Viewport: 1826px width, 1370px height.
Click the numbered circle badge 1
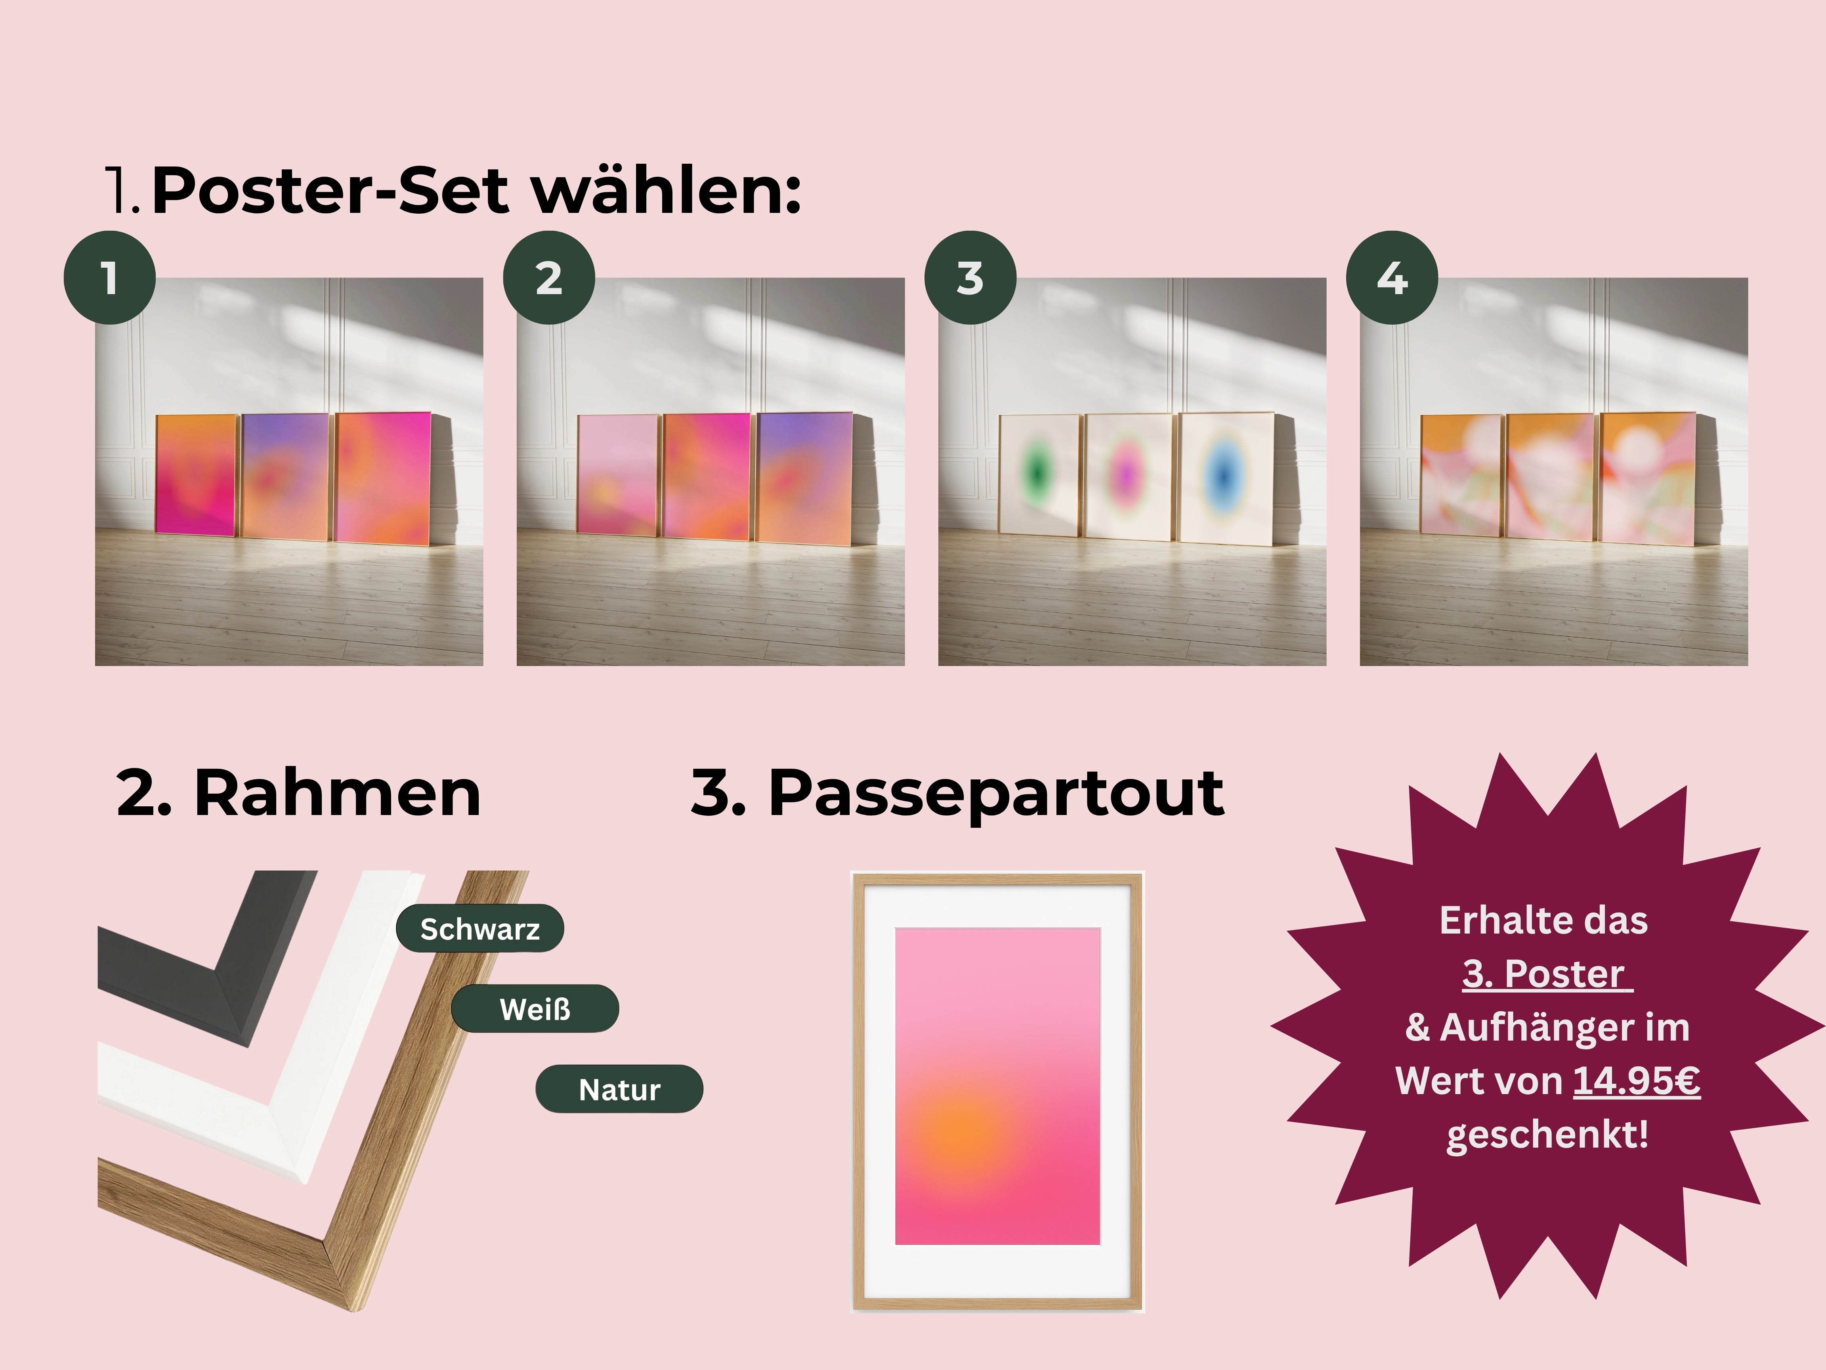pyautogui.click(x=110, y=277)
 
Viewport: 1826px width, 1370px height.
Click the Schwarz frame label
pyautogui.click(x=479, y=929)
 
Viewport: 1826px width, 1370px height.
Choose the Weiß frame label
pyautogui.click(x=535, y=1009)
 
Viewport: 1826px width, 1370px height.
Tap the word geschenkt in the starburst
pyautogui.click(x=1546, y=1134)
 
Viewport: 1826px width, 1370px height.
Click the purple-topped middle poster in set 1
pyautogui.click(x=285, y=476)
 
